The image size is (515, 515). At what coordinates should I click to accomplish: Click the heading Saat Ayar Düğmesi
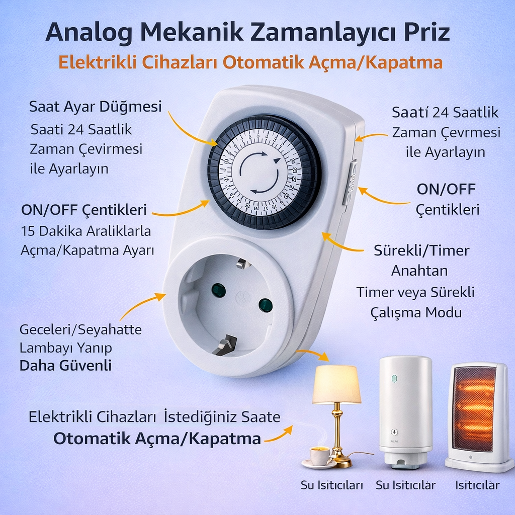[x=95, y=107]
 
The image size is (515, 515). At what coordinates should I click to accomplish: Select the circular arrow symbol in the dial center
[x=260, y=173]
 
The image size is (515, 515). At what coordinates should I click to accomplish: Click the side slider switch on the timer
[x=350, y=182]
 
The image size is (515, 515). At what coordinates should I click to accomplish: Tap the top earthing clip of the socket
[x=242, y=263]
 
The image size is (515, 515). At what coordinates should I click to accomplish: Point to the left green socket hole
[x=218, y=290]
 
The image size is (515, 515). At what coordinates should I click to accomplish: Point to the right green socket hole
[x=266, y=305]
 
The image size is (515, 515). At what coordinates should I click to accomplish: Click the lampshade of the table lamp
[x=336, y=384]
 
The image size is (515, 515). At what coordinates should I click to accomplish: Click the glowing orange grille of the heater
[x=474, y=408]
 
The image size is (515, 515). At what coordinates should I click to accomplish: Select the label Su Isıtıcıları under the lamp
[x=332, y=485]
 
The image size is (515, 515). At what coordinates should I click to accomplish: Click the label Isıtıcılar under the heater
[x=477, y=485]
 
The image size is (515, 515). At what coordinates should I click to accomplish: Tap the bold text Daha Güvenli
[x=66, y=366]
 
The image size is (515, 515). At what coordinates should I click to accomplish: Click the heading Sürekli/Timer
[x=421, y=250]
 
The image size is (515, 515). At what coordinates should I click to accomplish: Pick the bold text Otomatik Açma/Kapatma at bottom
[x=157, y=439]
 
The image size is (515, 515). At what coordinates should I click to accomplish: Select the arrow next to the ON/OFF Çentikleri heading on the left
[x=181, y=210]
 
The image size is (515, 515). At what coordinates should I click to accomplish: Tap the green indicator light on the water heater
[x=394, y=379]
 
